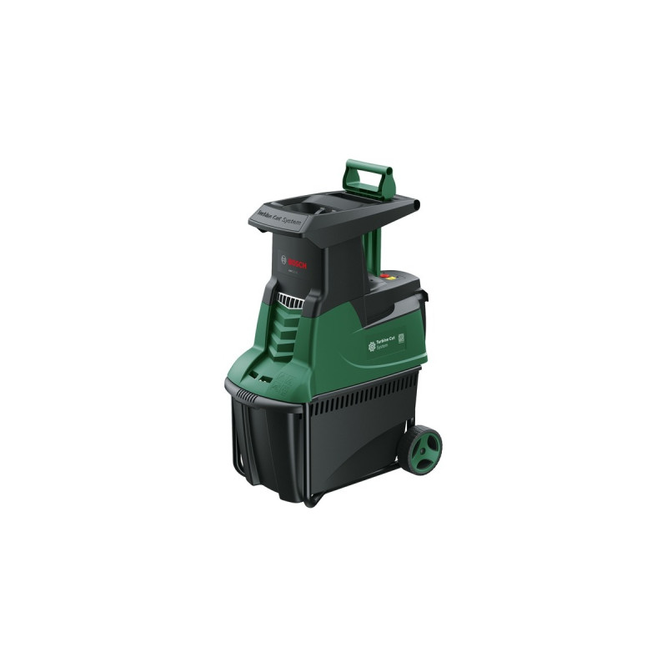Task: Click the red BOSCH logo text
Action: [x=298, y=263]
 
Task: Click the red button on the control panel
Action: [x=384, y=274]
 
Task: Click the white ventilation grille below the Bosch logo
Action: [x=290, y=300]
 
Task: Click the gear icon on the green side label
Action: [x=372, y=346]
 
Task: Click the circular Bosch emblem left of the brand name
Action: [x=283, y=258]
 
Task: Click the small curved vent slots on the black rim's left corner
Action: [x=243, y=393]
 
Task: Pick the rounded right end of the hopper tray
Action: [x=414, y=204]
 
